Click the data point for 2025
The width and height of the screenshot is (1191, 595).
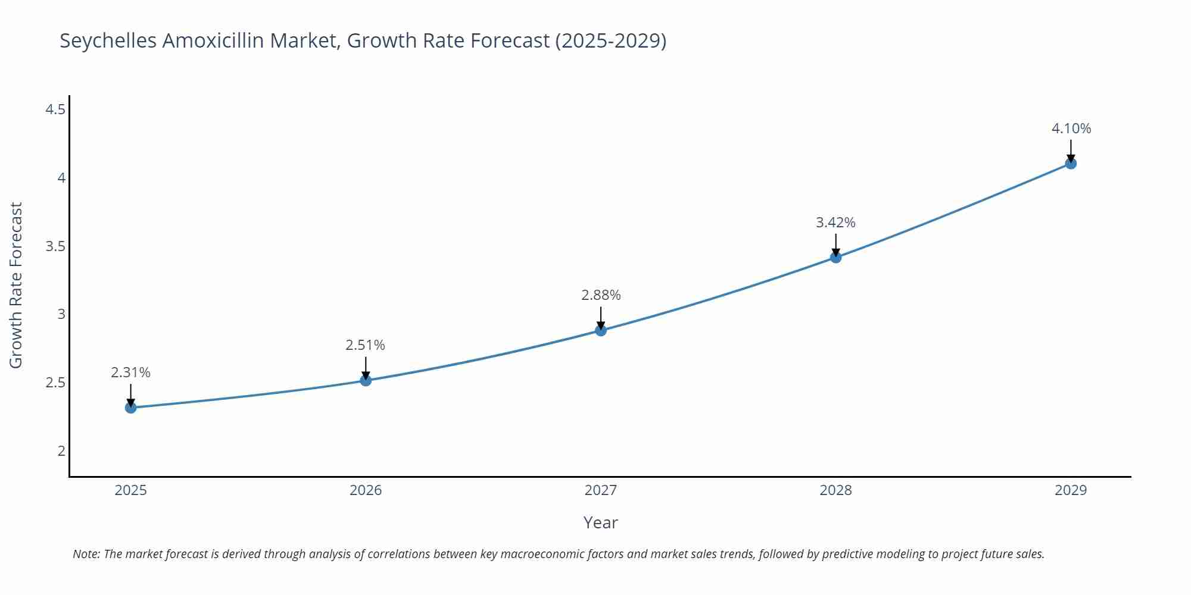point(131,408)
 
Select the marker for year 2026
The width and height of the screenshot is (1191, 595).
point(366,380)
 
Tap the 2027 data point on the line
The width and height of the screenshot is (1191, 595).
point(601,330)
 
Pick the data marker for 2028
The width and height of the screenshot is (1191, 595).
point(835,257)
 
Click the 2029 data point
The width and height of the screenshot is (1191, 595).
point(1071,163)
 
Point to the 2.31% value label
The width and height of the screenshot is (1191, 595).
point(131,372)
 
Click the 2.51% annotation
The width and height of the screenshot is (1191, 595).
point(366,345)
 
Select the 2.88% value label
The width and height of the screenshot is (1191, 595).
point(601,295)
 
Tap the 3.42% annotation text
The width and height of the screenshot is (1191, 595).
point(835,223)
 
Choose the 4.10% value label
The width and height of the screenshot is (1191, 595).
point(1071,129)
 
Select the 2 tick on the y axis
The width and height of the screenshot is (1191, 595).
point(61,451)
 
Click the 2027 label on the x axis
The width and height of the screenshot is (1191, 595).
point(601,490)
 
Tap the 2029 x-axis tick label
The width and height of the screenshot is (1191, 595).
point(1071,490)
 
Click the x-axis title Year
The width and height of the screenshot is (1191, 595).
point(600,522)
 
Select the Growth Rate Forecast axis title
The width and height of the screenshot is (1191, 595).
point(16,285)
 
